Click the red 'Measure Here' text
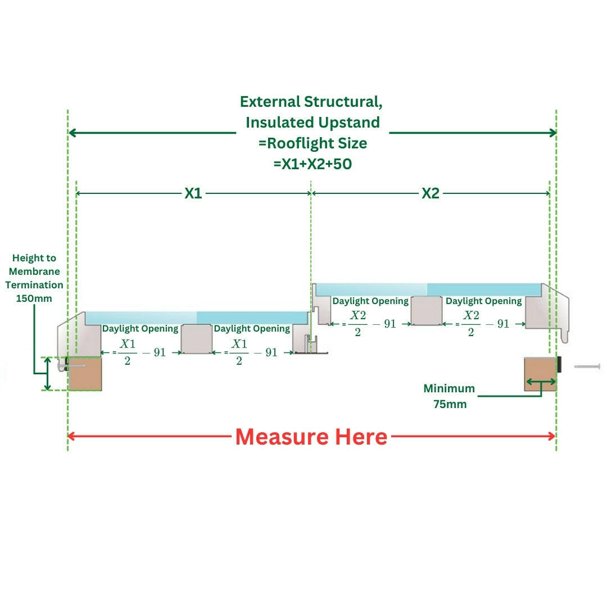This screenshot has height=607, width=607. click(x=311, y=437)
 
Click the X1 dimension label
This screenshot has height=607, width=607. click(x=193, y=193)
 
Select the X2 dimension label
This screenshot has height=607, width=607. click(x=431, y=193)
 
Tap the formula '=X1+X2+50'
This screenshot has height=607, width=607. click(x=312, y=164)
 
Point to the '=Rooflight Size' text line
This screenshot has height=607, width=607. click(x=312, y=143)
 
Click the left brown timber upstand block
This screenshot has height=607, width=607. click(x=85, y=374)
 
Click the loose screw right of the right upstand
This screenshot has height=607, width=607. click(x=587, y=366)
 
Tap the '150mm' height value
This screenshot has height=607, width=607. click(x=34, y=298)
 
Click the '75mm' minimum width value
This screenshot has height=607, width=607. click(x=450, y=404)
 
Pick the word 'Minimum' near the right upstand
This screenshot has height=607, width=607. click(x=449, y=388)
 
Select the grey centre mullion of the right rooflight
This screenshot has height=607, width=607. click(x=427, y=311)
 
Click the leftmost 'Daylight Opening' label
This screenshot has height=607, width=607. click(x=140, y=328)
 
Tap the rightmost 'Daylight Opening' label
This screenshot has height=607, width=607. click(x=483, y=301)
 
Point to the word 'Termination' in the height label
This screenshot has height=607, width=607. click(x=34, y=285)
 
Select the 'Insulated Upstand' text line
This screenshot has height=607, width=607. click(x=312, y=123)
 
